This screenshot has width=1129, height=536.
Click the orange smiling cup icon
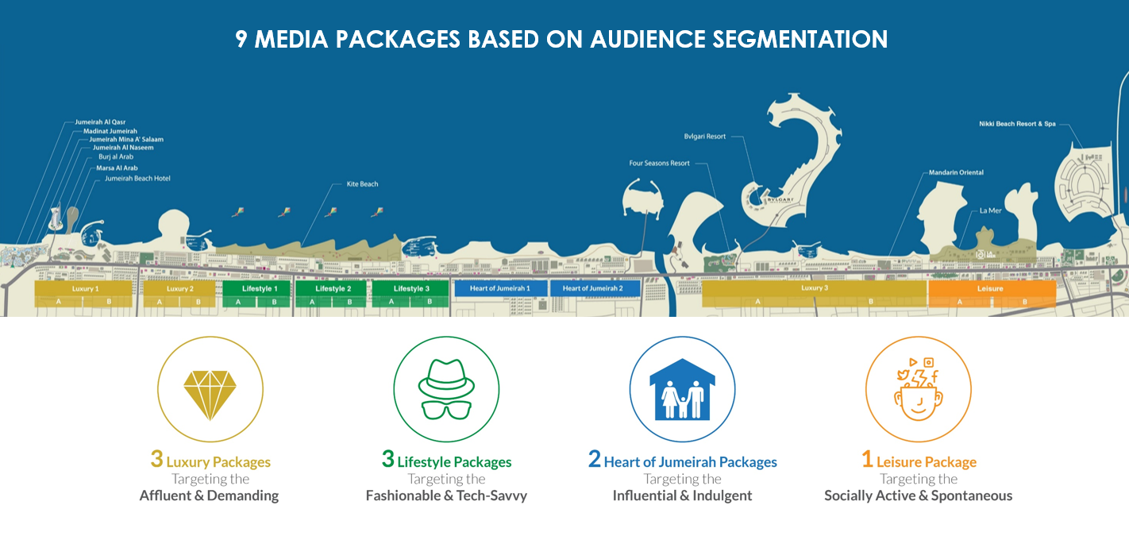click(x=918, y=391)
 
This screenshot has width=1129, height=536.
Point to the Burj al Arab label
click(x=116, y=157)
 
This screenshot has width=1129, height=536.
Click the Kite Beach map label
click(x=362, y=184)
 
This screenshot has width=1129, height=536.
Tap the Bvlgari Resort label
click(x=705, y=137)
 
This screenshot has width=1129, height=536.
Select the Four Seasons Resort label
click(x=659, y=164)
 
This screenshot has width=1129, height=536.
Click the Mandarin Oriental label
click(x=956, y=172)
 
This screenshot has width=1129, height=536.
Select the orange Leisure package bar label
click(x=990, y=289)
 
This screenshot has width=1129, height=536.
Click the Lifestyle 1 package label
click(x=260, y=289)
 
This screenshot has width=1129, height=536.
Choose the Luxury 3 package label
click(x=815, y=288)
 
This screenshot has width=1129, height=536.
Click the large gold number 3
click(x=156, y=460)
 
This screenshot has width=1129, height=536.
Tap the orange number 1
click(x=867, y=460)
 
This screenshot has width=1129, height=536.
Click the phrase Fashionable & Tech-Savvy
click(x=446, y=496)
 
